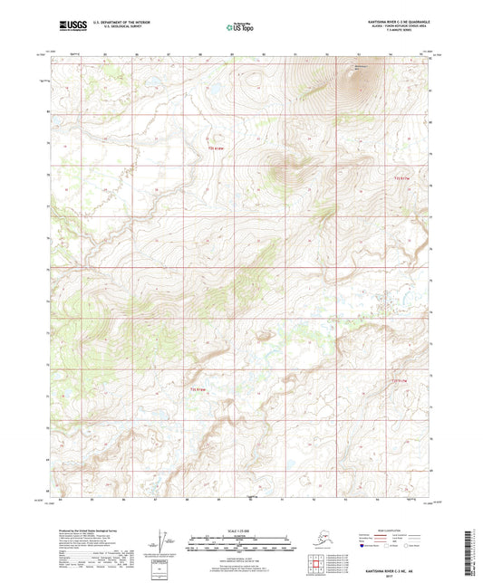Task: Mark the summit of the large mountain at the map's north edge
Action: coord(359,78)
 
